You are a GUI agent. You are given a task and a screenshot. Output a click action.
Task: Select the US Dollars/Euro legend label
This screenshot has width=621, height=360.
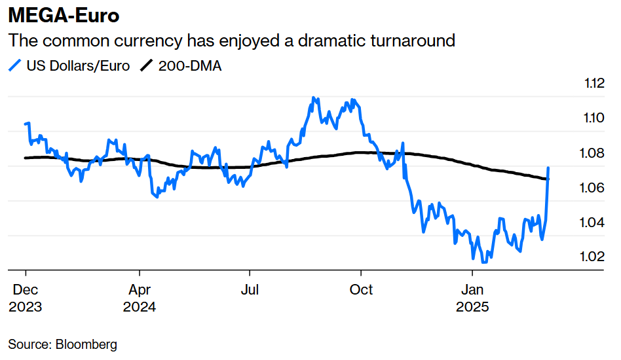(78, 65)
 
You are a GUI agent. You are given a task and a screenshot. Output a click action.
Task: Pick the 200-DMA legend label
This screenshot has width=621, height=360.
(190, 65)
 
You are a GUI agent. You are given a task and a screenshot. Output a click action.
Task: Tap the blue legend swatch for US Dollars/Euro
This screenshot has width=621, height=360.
(15, 65)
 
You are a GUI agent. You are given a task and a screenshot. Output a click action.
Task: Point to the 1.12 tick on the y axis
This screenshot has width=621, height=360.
(594, 84)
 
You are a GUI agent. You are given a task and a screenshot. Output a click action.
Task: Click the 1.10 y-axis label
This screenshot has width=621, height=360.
(594, 118)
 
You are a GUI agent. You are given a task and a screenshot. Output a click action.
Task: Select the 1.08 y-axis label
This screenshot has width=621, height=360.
(594, 153)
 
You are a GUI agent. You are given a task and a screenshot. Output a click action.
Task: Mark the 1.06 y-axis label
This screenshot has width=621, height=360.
(594, 188)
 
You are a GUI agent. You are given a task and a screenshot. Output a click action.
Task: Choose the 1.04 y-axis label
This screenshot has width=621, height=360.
(594, 223)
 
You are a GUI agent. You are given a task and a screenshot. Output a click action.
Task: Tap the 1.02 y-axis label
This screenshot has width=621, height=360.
(594, 257)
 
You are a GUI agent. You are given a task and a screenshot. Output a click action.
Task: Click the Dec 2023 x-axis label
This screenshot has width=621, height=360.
(25, 298)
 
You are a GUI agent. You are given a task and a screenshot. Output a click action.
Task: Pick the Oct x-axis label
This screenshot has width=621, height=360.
(362, 289)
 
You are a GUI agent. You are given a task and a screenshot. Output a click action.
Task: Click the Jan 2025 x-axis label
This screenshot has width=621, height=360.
(472, 298)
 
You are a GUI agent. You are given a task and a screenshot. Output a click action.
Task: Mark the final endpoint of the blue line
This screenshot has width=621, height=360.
(548, 169)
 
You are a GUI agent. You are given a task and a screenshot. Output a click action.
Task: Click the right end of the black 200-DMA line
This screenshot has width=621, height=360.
(548, 179)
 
